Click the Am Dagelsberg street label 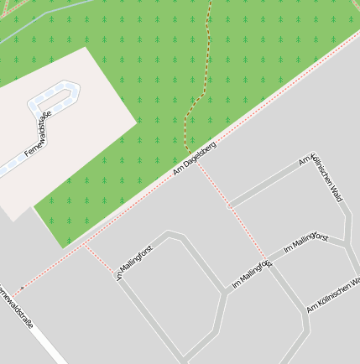pyautogui.click(x=195, y=158)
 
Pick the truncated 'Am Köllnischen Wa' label pyautogui.click(x=334, y=295)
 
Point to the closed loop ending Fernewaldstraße pyautogui.click(x=59, y=92)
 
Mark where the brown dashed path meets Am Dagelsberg pyautogui.click(x=187, y=151)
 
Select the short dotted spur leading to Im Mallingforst pyautogui.click(x=99, y=260)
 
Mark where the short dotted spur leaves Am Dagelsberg pyautogui.click(x=83, y=246)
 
